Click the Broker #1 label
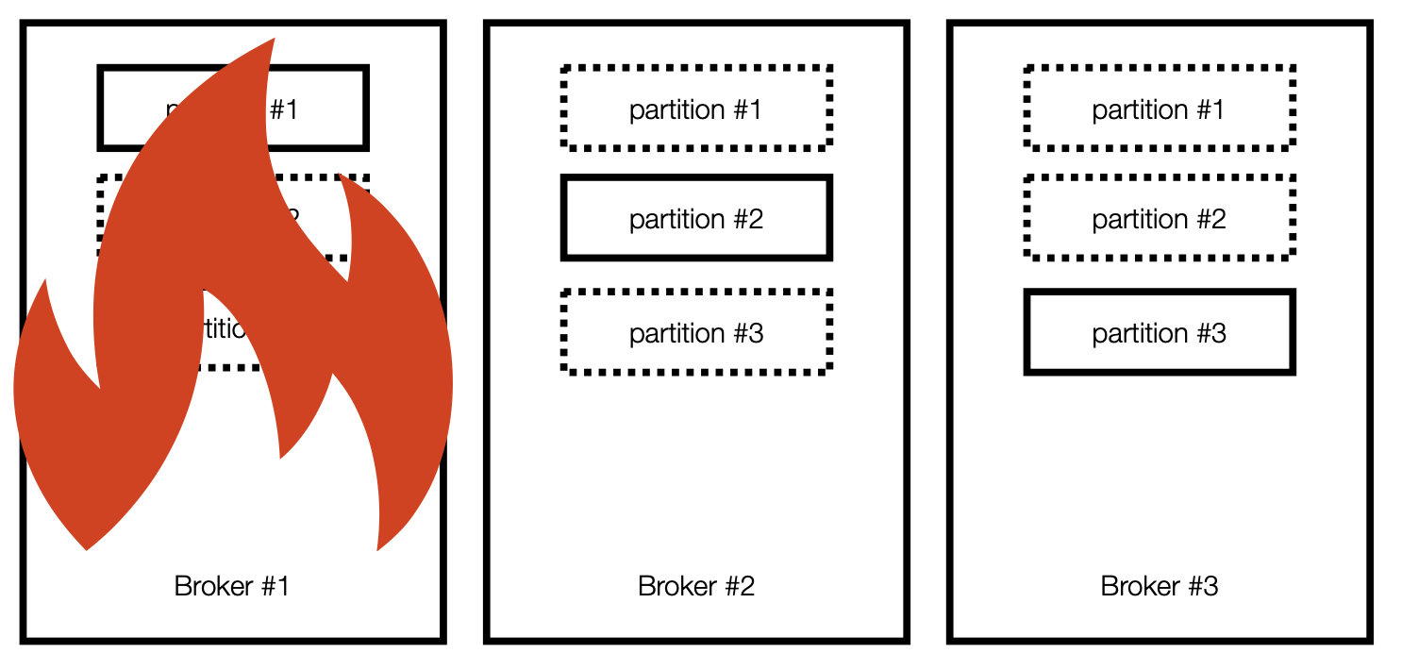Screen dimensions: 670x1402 (x=231, y=586)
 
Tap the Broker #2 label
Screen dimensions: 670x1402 (x=696, y=586)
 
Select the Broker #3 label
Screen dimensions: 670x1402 (x=1160, y=586)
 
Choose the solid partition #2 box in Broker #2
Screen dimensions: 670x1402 (x=696, y=218)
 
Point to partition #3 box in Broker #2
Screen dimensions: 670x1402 (x=696, y=332)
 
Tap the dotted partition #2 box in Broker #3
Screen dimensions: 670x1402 (x=1160, y=218)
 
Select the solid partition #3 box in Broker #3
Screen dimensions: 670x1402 (x=1160, y=332)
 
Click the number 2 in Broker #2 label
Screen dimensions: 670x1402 (x=746, y=586)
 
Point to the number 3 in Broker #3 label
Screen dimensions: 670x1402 (x=1210, y=586)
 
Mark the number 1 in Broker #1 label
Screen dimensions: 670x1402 (x=282, y=586)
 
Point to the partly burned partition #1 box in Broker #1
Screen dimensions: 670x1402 (x=321, y=108)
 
